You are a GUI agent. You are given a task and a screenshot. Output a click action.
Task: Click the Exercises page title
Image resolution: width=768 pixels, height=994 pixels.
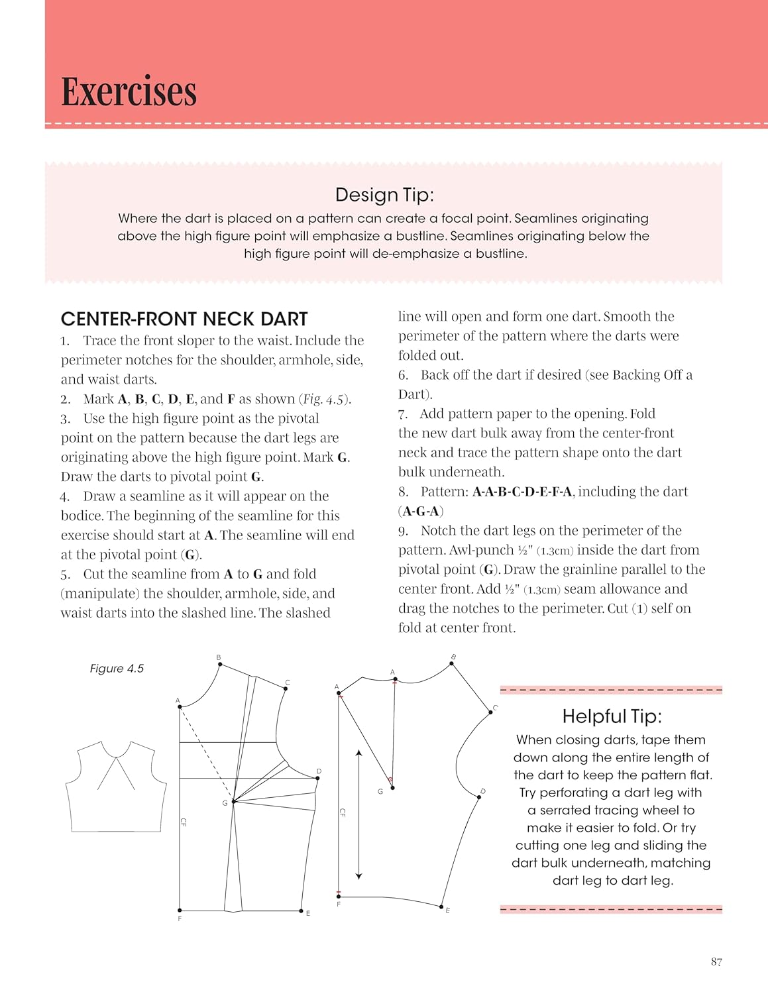[x=129, y=91]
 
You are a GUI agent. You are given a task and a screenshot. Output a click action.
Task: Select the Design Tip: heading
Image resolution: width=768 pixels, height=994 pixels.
[x=384, y=195]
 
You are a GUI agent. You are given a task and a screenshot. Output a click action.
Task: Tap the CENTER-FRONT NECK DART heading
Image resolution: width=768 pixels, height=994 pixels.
[x=184, y=319]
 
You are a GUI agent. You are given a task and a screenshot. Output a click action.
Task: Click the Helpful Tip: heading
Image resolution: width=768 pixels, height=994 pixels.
[x=612, y=716]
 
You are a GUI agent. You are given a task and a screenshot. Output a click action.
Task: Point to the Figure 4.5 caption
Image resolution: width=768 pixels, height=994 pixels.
[x=117, y=669]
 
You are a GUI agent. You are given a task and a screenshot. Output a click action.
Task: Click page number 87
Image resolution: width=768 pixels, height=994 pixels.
[x=716, y=962]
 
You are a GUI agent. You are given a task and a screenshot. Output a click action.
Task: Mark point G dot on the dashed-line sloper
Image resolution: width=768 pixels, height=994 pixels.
[x=233, y=802]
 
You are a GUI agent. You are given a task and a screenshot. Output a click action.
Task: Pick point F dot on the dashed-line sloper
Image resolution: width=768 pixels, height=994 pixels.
[x=180, y=911]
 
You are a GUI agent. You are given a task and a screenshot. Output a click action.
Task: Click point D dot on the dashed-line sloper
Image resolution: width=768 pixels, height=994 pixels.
[x=318, y=779]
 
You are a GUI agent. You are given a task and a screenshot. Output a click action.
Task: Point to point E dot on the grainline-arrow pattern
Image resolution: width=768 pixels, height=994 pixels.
[x=441, y=906]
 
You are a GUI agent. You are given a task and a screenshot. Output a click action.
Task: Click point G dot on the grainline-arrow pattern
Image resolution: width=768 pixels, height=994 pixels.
[x=393, y=788]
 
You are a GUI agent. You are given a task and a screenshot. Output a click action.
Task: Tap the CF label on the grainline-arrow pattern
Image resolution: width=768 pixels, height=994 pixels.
[x=343, y=812]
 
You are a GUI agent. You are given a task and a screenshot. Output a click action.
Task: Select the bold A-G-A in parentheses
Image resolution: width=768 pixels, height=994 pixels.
[x=421, y=511]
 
